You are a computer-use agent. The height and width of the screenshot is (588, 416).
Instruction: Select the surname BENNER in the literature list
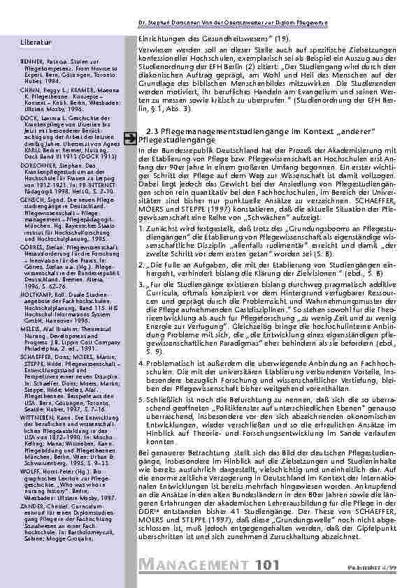[31, 61]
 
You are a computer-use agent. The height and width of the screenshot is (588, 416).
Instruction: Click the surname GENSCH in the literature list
[31, 179]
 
